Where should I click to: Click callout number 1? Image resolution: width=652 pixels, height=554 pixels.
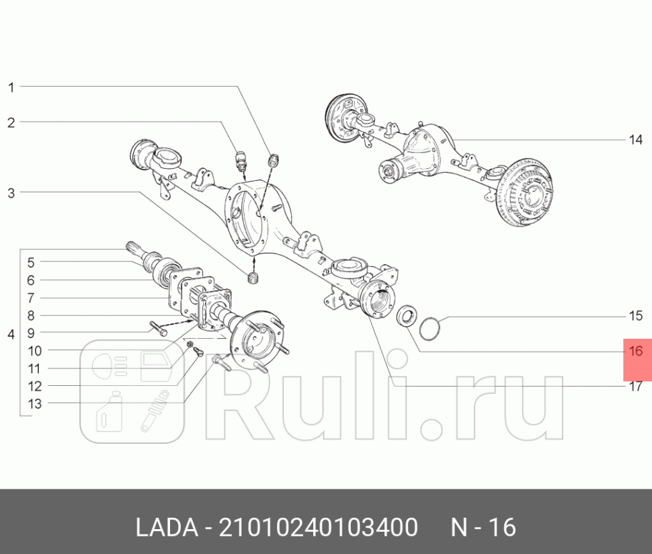point(11,87)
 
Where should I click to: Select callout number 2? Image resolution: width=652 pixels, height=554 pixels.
point(11,122)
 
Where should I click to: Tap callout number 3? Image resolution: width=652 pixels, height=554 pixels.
point(11,193)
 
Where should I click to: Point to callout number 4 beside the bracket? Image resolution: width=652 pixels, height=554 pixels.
point(11,334)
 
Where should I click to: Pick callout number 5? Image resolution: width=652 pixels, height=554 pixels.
point(31,262)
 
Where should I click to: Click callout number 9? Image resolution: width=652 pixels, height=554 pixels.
point(31,333)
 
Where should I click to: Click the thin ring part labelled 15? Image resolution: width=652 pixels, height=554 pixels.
point(429,329)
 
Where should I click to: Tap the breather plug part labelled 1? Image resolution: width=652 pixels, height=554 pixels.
point(274,161)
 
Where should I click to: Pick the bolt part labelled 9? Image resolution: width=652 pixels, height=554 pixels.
point(158,329)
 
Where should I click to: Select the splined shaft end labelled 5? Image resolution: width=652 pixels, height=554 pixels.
point(135,251)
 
